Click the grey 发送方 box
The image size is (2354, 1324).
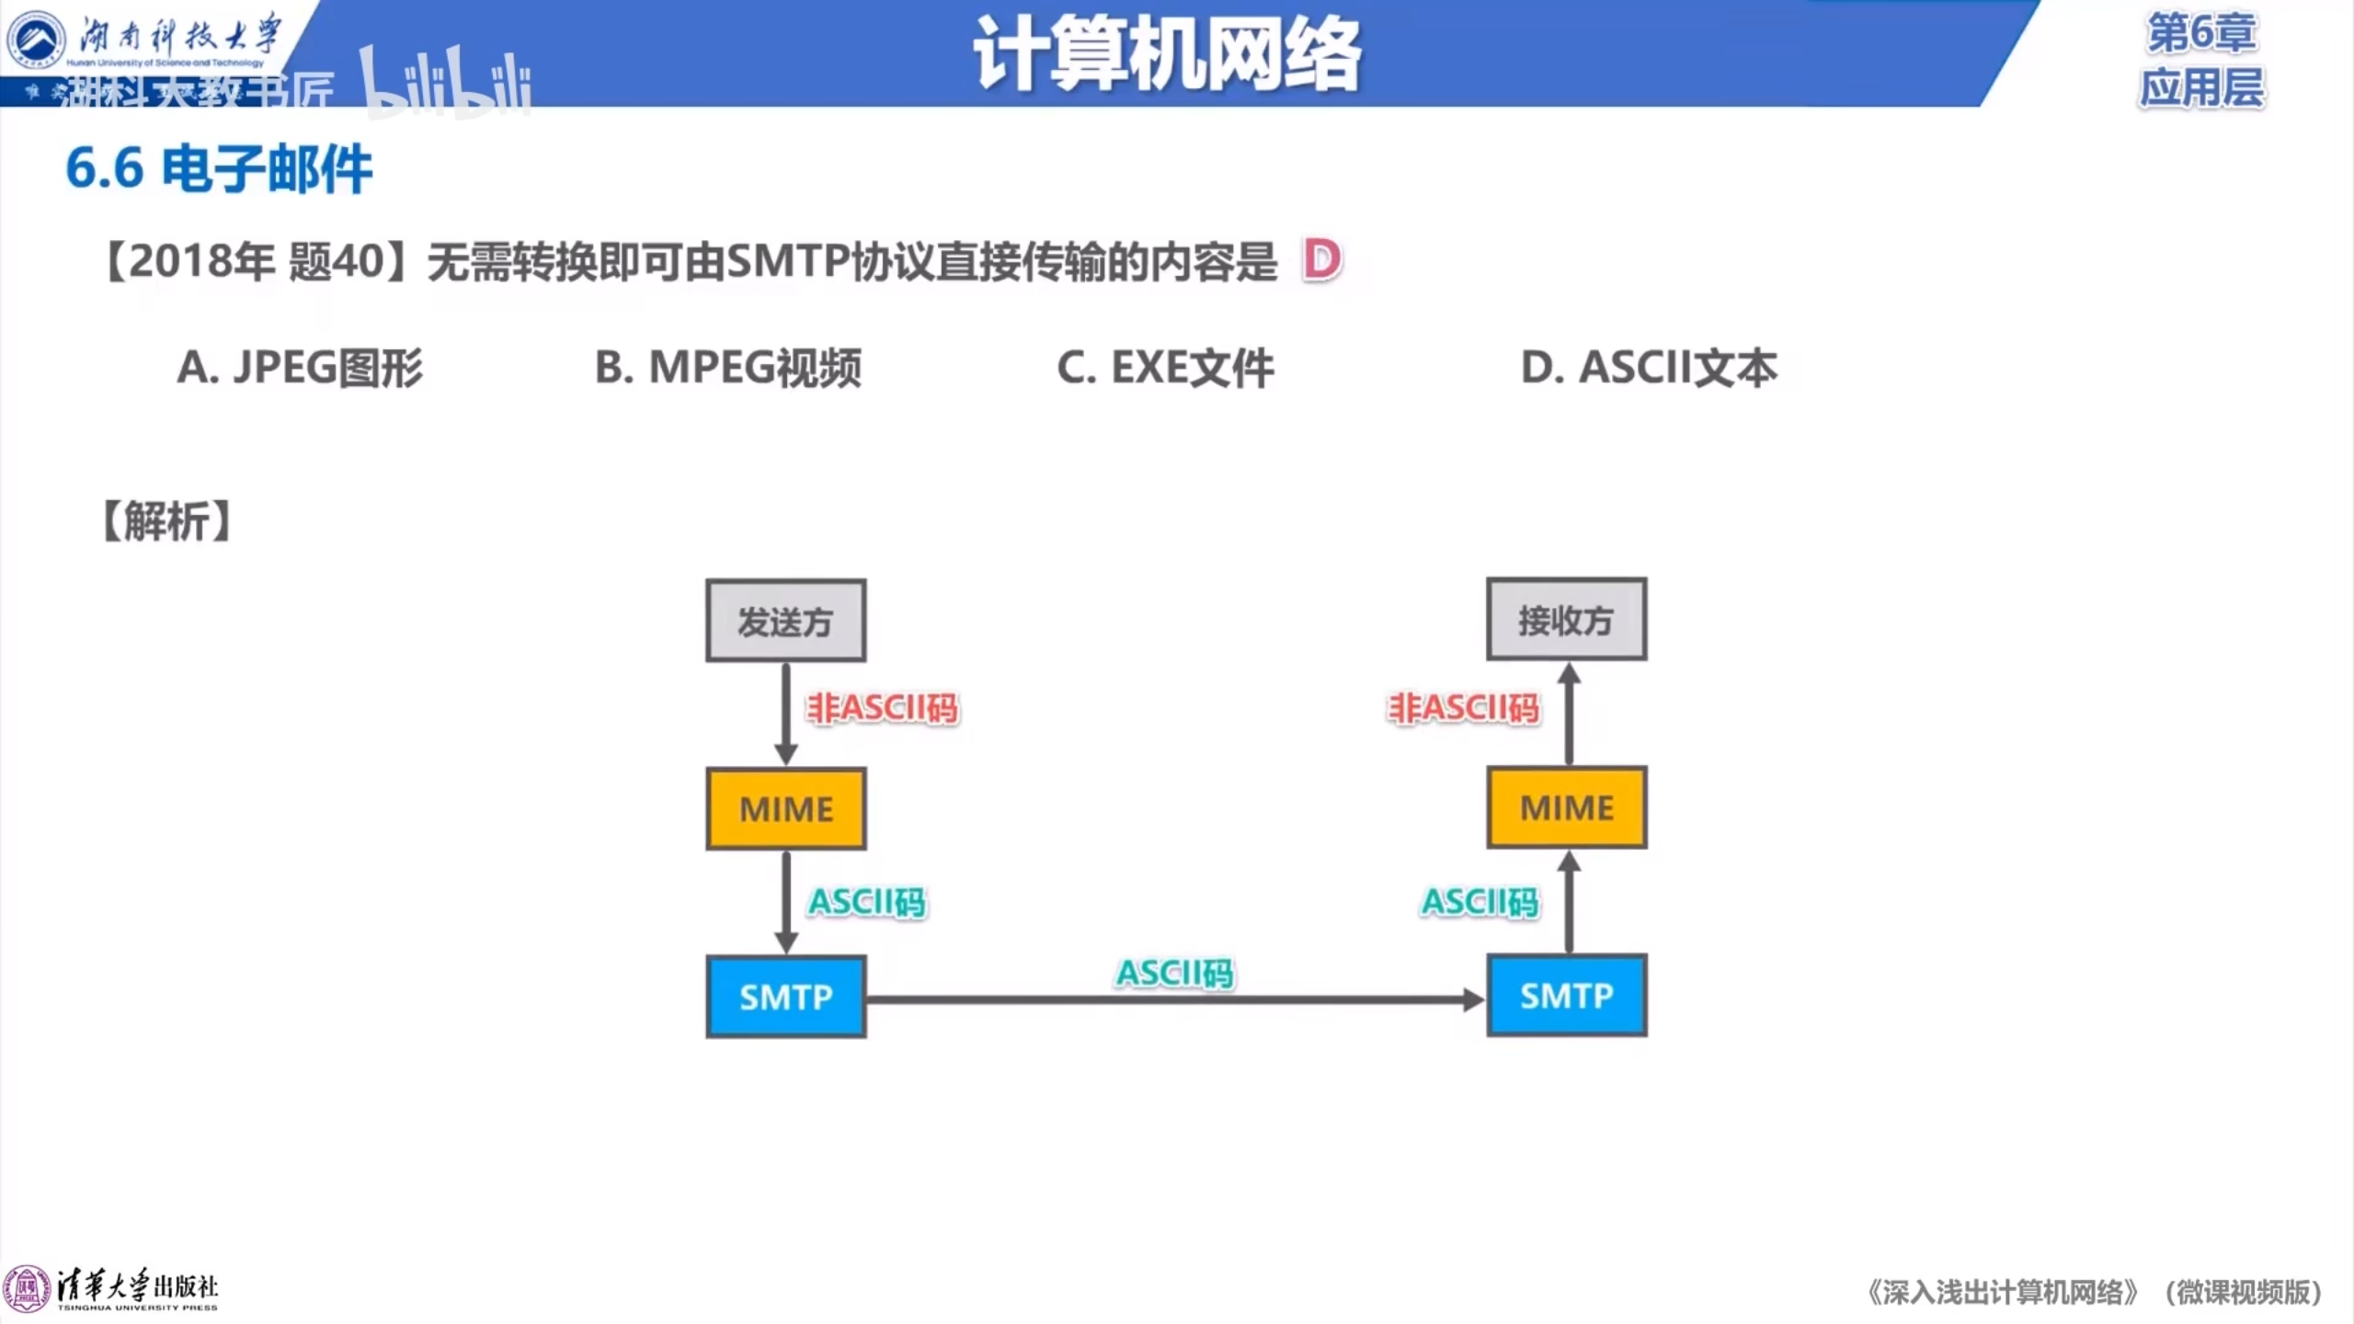point(785,621)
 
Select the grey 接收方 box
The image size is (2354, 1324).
point(1566,620)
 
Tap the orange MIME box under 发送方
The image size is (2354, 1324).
point(785,809)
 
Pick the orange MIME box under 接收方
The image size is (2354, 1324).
point(1566,807)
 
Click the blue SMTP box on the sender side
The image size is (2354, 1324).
point(785,997)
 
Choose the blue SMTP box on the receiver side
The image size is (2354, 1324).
point(1566,996)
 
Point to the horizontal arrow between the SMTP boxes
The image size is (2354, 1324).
point(1175,999)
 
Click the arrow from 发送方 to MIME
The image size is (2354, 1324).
point(786,713)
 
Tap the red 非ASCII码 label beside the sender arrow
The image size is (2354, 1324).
point(883,708)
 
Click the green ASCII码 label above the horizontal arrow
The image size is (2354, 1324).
point(1174,973)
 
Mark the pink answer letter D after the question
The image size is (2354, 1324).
point(1322,260)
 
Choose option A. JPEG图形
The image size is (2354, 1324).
point(300,368)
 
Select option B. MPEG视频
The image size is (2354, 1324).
point(728,368)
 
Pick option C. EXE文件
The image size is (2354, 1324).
point(1165,368)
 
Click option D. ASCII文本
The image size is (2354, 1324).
point(1649,368)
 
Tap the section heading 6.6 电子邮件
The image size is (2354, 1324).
point(219,169)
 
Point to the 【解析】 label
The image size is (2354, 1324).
point(166,521)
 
